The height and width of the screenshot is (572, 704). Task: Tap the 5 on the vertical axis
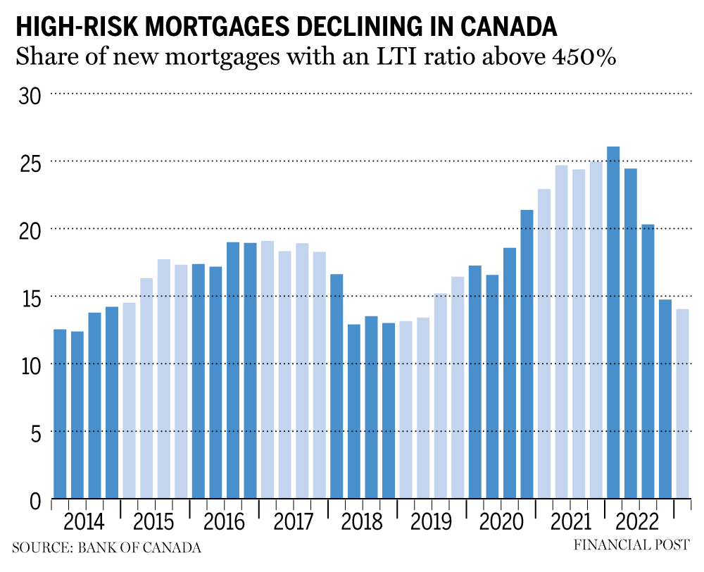tap(35, 433)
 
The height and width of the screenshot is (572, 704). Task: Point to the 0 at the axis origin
tap(35, 500)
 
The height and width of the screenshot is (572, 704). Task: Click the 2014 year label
tap(84, 523)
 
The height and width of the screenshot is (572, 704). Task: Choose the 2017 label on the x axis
tap(293, 523)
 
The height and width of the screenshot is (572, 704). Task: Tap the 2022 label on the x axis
tap(638, 523)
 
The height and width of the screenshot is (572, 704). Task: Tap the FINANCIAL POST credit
tap(631, 545)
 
